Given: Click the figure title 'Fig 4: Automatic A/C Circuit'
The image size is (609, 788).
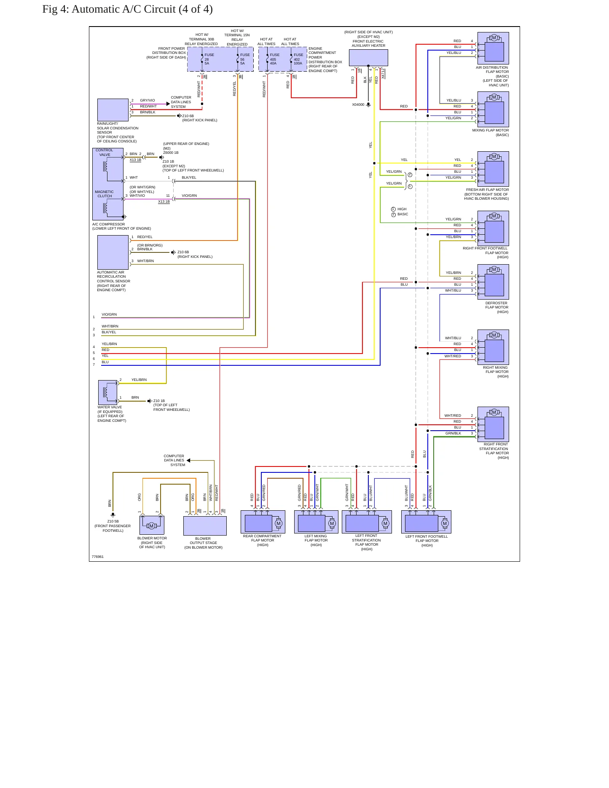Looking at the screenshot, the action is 109,9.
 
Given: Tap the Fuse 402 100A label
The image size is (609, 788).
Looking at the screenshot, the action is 298,59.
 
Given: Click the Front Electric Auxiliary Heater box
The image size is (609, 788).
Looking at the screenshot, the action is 368,58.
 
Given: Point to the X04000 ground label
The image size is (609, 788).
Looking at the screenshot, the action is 358,105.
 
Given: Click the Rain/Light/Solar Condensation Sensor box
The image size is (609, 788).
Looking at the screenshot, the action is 113,110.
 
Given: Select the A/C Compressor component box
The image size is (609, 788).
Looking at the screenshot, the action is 108,184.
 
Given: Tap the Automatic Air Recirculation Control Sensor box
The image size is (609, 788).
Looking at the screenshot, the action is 113,252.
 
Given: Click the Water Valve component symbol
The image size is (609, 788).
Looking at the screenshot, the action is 108,393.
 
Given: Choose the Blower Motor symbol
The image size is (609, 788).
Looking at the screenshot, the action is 152,525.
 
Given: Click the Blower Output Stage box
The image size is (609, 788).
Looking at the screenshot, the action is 205,526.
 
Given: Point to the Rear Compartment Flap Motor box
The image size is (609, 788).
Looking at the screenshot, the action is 263,522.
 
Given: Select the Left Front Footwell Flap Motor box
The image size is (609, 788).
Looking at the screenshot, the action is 426,522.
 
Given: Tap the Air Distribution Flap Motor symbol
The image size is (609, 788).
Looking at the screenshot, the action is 493,48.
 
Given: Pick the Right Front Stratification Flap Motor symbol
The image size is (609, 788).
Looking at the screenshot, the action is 493,424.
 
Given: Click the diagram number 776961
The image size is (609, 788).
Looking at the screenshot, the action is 97,557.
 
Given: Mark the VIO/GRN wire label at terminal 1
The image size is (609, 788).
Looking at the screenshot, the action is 109,314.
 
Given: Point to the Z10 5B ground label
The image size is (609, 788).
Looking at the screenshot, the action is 113,521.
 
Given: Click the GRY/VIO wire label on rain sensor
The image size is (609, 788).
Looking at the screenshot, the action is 148,100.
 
